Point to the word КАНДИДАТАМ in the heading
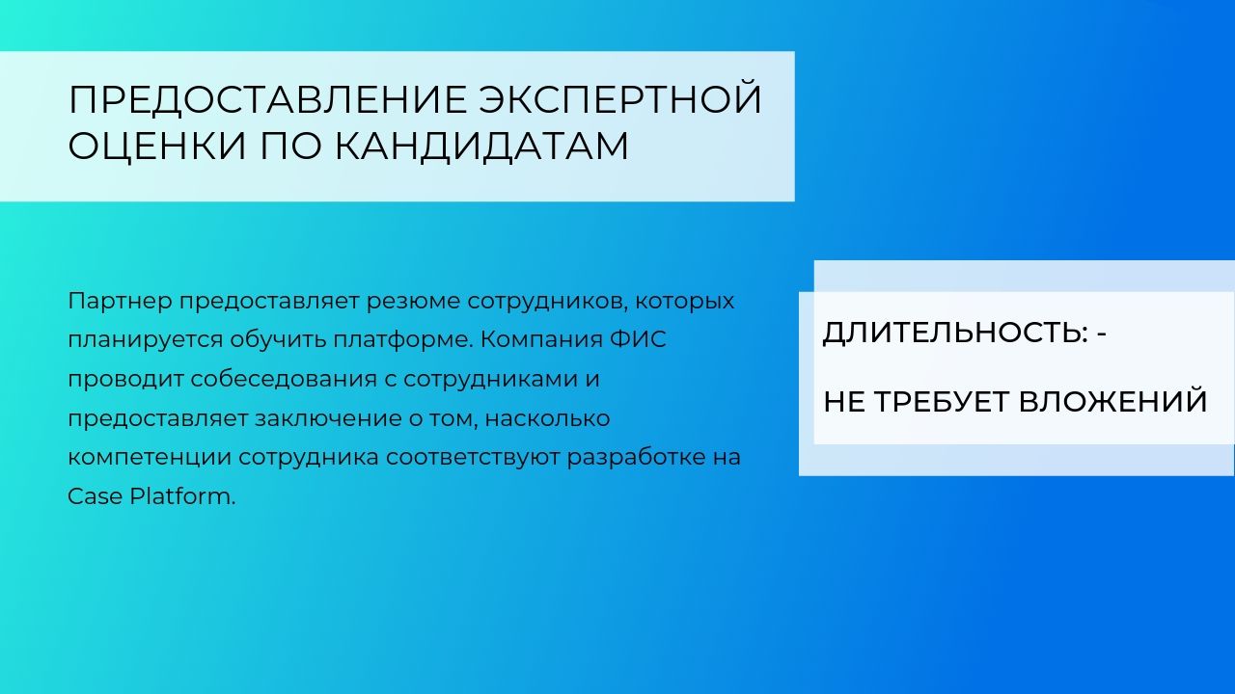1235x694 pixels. pyautogui.click(x=481, y=147)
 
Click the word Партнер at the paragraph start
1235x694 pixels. pyautogui.click(x=120, y=302)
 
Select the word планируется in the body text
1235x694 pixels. pyautogui.click(x=145, y=340)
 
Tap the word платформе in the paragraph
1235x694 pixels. pyautogui.click(x=403, y=340)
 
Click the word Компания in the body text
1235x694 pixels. pyautogui.click(x=542, y=339)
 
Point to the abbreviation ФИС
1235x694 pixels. pyautogui.click(x=638, y=339)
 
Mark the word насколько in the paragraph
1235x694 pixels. pyautogui.click(x=547, y=418)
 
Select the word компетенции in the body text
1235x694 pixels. pyautogui.click(x=150, y=458)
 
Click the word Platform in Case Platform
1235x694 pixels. pyautogui.click(x=182, y=496)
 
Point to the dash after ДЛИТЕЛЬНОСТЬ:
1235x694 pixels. pyautogui.click(x=1102, y=334)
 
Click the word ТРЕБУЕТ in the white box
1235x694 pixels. pyautogui.click(x=943, y=401)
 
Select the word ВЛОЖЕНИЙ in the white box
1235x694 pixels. pyautogui.click(x=1112, y=401)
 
